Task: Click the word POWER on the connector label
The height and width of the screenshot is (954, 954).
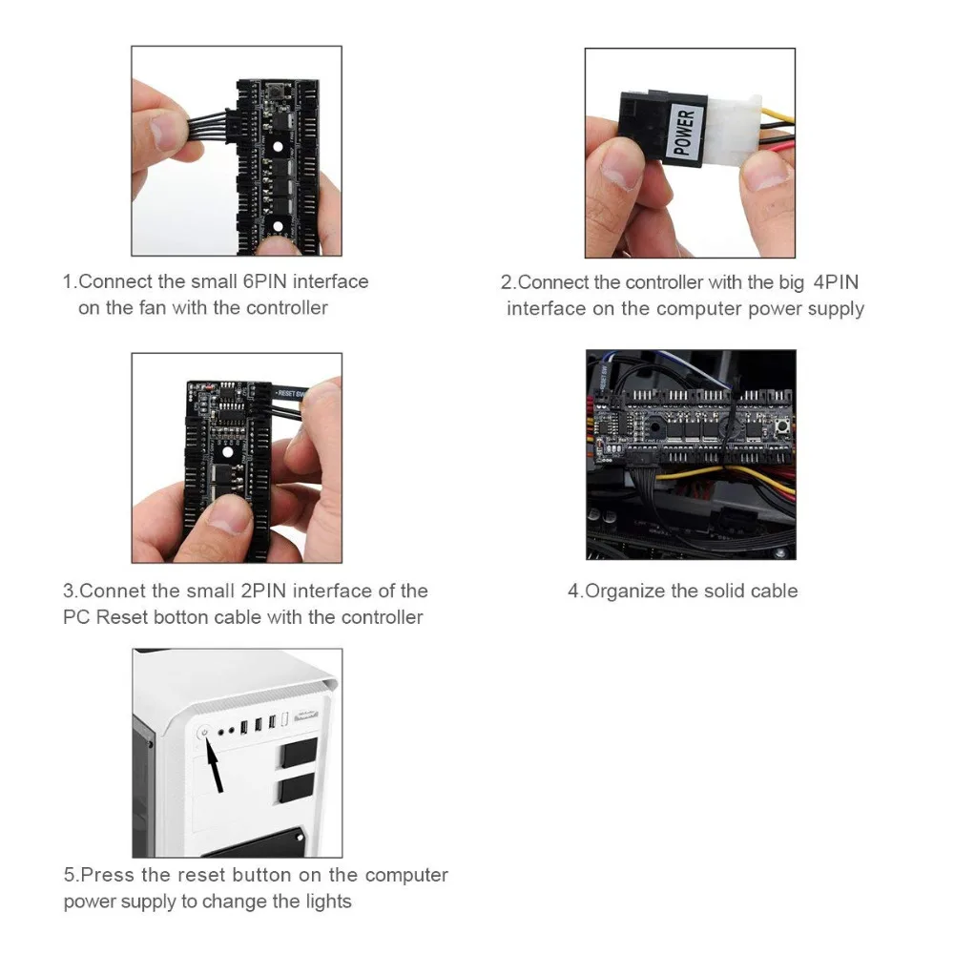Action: click(x=684, y=132)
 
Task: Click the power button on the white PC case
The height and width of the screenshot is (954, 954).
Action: click(x=204, y=733)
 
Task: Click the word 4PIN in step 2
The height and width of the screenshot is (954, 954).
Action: click(x=836, y=282)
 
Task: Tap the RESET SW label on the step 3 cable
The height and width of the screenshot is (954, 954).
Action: click(x=290, y=394)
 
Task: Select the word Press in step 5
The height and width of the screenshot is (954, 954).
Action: click(x=107, y=875)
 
